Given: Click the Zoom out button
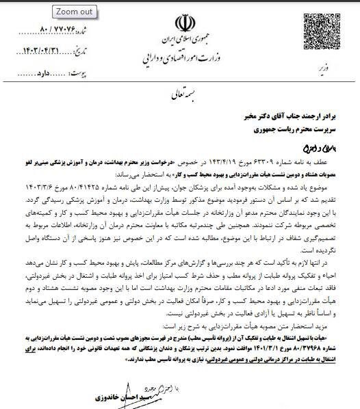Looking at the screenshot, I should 75,12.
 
